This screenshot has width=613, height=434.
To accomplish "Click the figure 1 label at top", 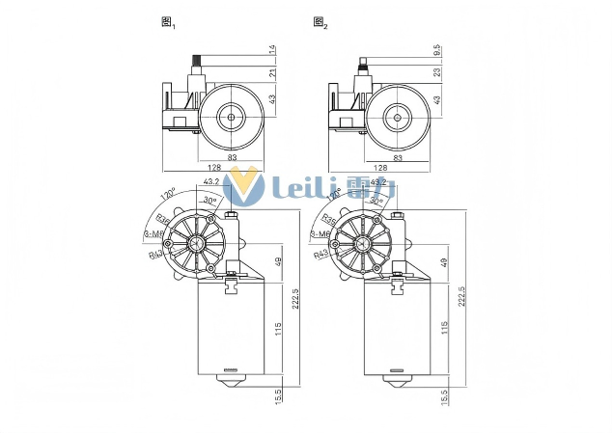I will (x=167, y=23).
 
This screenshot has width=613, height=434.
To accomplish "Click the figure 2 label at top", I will (x=320, y=23).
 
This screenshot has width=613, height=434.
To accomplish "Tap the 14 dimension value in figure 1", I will (x=272, y=47).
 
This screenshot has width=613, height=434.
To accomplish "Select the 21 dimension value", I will (x=272, y=72).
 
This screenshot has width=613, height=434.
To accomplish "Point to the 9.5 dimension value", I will (x=436, y=49).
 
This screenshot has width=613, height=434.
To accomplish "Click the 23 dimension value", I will (x=436, y=72).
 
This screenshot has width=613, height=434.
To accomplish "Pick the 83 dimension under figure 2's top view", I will (x=398, y=156).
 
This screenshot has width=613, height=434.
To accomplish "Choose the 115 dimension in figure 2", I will (x=443, y=329).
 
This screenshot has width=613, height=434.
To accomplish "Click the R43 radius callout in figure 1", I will (x=155, y=256).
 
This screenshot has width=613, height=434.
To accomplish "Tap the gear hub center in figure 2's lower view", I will (x=364, y=242).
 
